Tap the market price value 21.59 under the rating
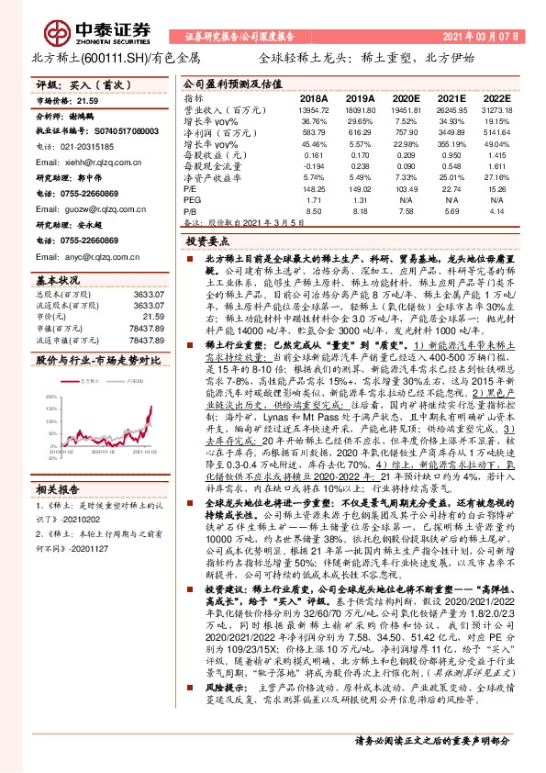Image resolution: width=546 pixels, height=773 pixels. (86, 100)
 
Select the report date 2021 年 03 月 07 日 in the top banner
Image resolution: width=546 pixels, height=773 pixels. (481, 38)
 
